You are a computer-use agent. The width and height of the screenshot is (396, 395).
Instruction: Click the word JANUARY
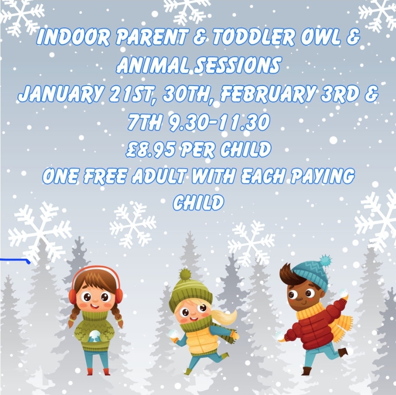(61, 94)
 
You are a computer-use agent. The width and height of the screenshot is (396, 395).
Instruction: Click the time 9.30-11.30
(219, 122)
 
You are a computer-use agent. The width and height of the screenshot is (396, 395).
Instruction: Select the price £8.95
(151, 149)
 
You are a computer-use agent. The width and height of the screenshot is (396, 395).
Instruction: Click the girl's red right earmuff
(72, 296)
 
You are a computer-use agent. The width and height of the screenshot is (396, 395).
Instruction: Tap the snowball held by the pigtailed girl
(94, 336)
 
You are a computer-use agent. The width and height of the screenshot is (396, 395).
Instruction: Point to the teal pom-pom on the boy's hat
(326, 261)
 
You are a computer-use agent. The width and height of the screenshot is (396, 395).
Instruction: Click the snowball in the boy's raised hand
(343, 294)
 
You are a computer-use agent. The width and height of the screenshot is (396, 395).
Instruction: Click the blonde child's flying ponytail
(224, 317)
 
